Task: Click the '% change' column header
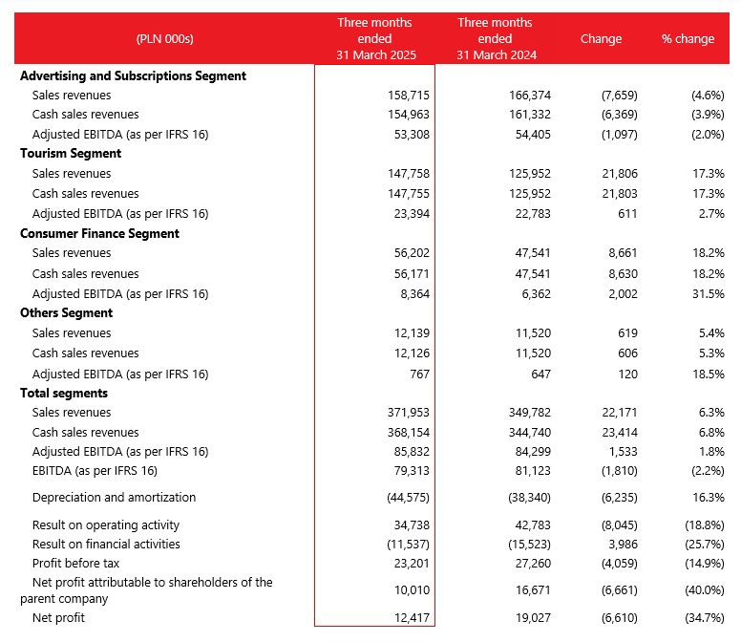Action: [688, 39]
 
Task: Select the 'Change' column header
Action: [601, 39]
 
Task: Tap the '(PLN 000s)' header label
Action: [165, 39]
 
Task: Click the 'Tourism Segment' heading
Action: [71, 154]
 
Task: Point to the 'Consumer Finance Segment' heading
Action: [99, 233]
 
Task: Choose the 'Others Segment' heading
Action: [66, 313]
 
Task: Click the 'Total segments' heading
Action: [64, 394]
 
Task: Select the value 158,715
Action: [409, 96]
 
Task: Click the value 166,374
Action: [530, 96]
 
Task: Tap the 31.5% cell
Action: [709, 293]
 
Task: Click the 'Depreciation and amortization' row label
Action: [114, 498]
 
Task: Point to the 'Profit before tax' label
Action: [75, 564]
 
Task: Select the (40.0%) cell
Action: [705, 590]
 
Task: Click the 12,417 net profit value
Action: [413, 618]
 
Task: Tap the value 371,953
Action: [409, 413]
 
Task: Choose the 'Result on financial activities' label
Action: [106, 545]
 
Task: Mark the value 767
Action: [419, 374]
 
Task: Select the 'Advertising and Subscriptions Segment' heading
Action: [134, 76]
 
